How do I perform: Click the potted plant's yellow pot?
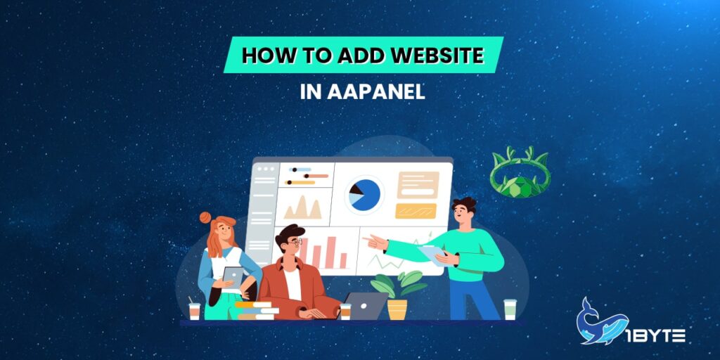pos(397,309)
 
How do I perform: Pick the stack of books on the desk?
pos(255,310)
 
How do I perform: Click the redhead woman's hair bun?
pos(205,218)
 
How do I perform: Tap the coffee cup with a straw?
pos(194,309)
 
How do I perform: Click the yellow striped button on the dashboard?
pos(416,210)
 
